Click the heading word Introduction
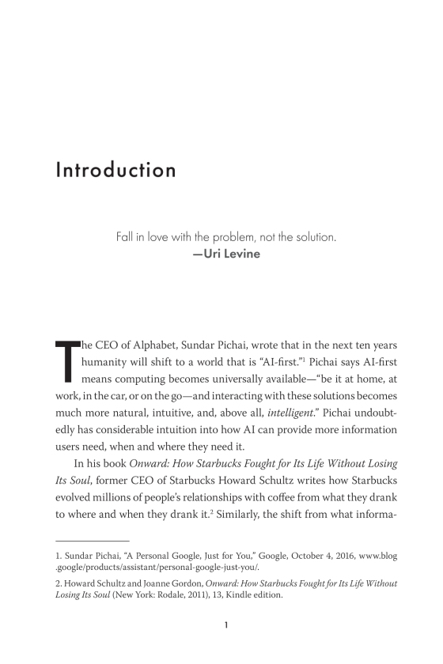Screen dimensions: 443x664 click(x=115, y=171)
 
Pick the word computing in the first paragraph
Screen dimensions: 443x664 click(x=137, y=387)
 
